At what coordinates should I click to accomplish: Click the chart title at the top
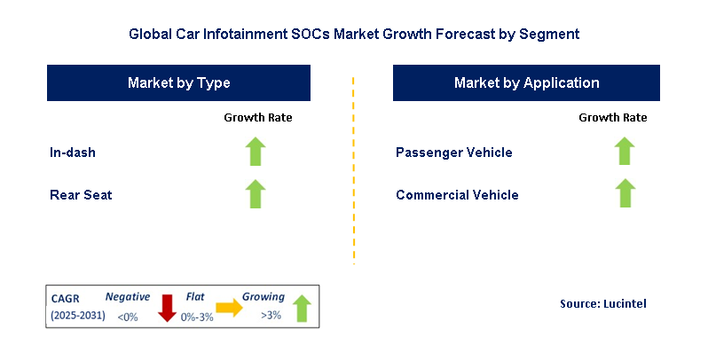click(x=353, y=35)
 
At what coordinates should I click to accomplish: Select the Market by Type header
click(x=178, y=82)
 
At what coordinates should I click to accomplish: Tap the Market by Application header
click(x=526, y=82)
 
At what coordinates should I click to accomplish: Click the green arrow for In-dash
click(x=256, y=152)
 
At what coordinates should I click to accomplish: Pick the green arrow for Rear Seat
click(x=256, y=193)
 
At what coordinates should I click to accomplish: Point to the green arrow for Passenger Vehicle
click(x=625, y=152)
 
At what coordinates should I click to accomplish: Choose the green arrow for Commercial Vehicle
click(x=625, y=193)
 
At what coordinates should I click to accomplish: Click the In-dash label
click(x=73, y=153)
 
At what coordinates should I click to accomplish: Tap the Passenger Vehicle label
click(x=453, y=153)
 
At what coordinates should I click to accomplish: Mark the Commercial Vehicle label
click(x=457, y=194)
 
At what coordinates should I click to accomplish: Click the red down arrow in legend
click(x=165, y=308)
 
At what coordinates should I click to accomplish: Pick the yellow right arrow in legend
click(x=229, y=308)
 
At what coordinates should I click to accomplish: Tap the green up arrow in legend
click(x=302, y=308)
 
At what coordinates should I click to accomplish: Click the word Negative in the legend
click(x=128, y=297)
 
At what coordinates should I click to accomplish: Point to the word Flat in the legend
click(x=195, y=297)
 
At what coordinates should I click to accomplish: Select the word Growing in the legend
click(x=264, y=297)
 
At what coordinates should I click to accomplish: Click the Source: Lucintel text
click(x=603, y=304)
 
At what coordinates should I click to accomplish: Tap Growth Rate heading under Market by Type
click(x=257, y=117)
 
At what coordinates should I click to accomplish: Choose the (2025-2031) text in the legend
click(x=77, y=316)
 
